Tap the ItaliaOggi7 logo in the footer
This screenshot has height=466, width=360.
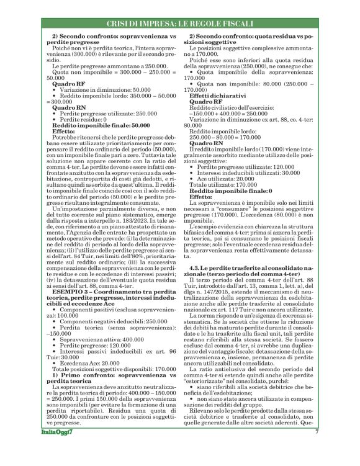coord(60,449)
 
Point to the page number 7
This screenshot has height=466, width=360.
coord(317,449)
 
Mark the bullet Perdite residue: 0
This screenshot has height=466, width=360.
coord(83,119)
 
